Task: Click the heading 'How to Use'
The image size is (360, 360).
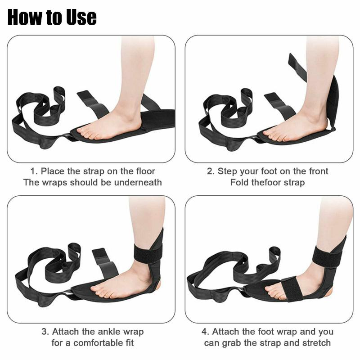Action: tap(52, 17)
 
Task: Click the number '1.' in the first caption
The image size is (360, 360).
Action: tap(34, 171)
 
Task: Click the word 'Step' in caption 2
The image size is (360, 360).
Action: tap(228, 171)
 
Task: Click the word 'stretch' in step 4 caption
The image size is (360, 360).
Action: tap(317, 343)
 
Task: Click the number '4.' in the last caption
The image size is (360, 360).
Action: tap(205, 332)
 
